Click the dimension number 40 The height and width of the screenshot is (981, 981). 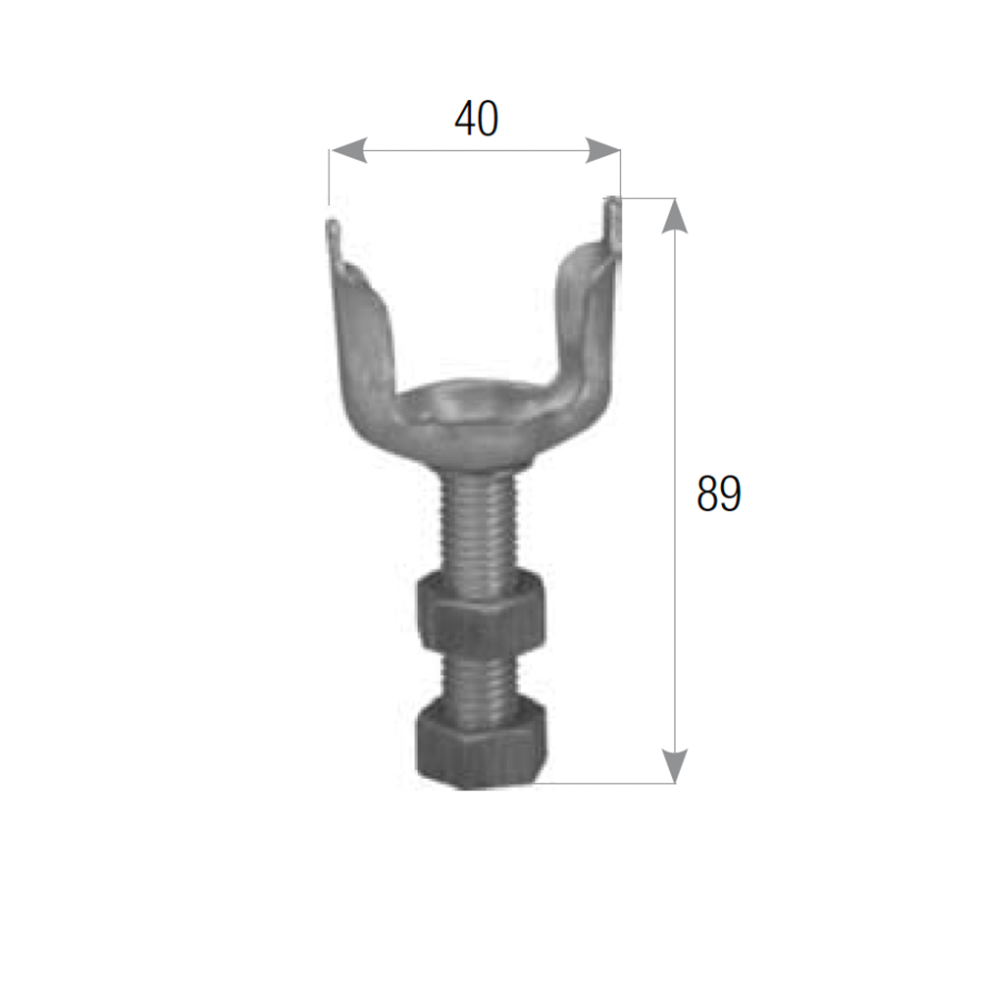click(x=476, y=119)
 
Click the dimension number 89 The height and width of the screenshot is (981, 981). click(x=719, y=493)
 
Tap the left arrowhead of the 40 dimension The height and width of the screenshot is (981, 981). click(x=348, y=151)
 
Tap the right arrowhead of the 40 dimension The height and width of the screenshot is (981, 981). click(x=602, y=151)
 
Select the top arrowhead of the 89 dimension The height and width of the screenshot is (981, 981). click(x=675, y=216)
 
